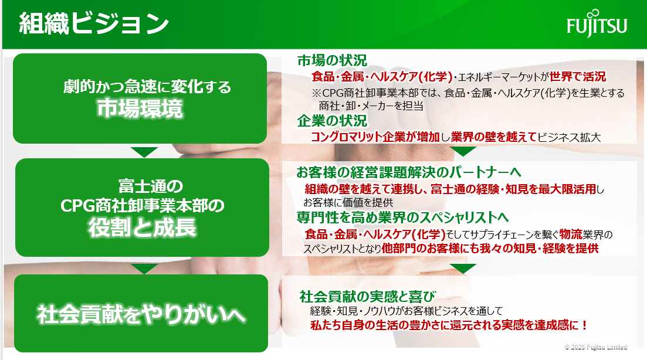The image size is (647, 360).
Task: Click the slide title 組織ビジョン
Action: pyautogui.click(x=94, y=23)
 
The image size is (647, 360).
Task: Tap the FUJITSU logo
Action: pyautogui.click(x=597, y=23)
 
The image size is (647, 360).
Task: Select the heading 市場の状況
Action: pyautogui.click(x=332, y=60)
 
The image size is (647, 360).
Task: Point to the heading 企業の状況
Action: pyautogui.click(x=332, y=121)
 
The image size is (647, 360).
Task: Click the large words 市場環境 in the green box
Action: pyautogui.click(x=140, y=109)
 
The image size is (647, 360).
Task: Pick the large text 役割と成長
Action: pyautogui.click(x=143, y=227)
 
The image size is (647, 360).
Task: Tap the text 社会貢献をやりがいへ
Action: pyautogui.click(x=141, y=315)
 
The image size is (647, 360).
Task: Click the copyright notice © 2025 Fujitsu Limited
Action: pyautogui.click(x=596, y=347)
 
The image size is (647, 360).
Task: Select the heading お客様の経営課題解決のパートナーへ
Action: pyautogui.click(x=408, y=172)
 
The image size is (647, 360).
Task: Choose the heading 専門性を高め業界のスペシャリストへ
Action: pyautogui.click(x=403, y=218)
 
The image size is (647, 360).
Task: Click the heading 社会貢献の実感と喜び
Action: pyautogui.click(x=368, y=296)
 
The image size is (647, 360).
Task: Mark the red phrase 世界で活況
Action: pyautogui.click(x=578, y=77)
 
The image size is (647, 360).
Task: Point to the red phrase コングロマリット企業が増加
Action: pyautogui.click(x=375, y=137)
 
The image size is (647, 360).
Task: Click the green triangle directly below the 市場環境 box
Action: pyautogui.click(x=144, y=152)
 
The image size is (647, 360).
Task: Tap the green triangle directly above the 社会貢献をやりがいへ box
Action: pyautogui.click(x=144, y=269)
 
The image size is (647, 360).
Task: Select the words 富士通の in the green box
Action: pyautogui.click(x=151, y=186)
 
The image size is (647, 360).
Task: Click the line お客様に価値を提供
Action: pyautogui.click(x=348, y=202)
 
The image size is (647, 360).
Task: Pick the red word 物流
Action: pyautogui.click(x=571, y=234)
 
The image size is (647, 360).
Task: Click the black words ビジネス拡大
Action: pyautogui.click(x=569, y=137)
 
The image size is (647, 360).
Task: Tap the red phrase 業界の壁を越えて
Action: pyautogui.click(x=494, y=137)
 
